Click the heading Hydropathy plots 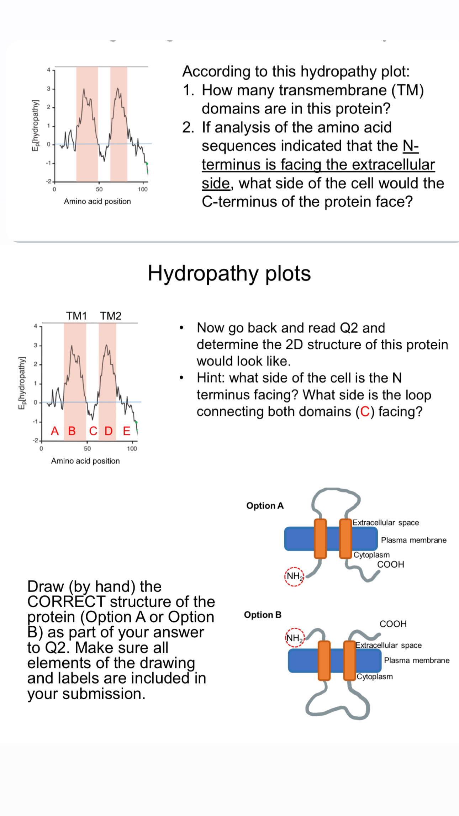coord(229,273)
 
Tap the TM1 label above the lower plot coord(76,316)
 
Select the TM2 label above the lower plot coord(111,316)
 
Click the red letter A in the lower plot coord(54,431)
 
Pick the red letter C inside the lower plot coord(93,431)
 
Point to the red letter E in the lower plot coord(127,431)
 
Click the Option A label coord(265,506)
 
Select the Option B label coord(263,615)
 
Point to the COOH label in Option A coord(391,564)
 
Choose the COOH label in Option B coord(393,624)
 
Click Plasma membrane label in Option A coord(413,540)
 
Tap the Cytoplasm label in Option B coord(375,677)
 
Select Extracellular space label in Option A coord(386,522)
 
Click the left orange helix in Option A coord(320,538)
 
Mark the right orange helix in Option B coord(349,660)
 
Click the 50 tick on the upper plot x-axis coord(99,189)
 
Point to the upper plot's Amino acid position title coord(97,201)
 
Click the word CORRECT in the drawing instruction coord(66,602)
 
